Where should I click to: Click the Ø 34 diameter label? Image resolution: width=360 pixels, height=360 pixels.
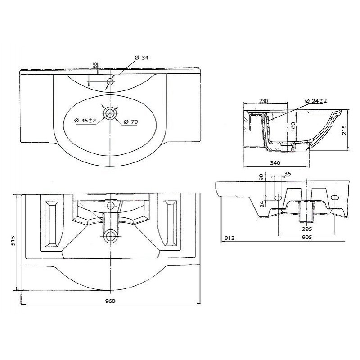point(141,58)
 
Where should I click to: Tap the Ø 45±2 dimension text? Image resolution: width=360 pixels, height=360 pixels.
point(85,120)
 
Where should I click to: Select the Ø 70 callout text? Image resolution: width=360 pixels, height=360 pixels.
point(131,121)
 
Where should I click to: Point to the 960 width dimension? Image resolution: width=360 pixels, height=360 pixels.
point(110,301)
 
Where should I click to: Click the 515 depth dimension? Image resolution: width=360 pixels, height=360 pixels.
point(13,240)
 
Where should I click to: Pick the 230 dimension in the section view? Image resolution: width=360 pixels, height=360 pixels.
point(263,101)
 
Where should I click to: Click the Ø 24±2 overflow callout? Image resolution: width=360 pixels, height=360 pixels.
point(316,101)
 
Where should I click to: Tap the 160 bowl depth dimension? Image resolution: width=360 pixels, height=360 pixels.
point(293,127)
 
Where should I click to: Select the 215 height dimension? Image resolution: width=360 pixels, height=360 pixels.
point(344,130)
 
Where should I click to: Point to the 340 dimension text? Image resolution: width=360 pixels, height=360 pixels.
point(275,163)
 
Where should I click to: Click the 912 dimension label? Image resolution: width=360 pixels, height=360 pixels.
point(229,238)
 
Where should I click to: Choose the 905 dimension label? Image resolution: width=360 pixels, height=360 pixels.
point(307,237)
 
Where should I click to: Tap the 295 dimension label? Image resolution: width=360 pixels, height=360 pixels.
point(307,229)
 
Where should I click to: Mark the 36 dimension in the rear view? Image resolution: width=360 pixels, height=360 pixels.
point(288,174)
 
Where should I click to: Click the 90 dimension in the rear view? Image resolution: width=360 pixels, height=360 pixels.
point(261,177)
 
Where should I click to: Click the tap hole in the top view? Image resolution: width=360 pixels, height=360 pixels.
point(110,81)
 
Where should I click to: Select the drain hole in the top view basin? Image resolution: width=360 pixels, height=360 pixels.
point(110,113)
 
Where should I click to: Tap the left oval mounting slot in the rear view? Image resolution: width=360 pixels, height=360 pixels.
point(278,198)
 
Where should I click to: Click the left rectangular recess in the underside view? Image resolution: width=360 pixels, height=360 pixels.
point(51,224)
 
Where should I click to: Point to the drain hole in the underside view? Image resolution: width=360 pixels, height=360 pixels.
point(110,236)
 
